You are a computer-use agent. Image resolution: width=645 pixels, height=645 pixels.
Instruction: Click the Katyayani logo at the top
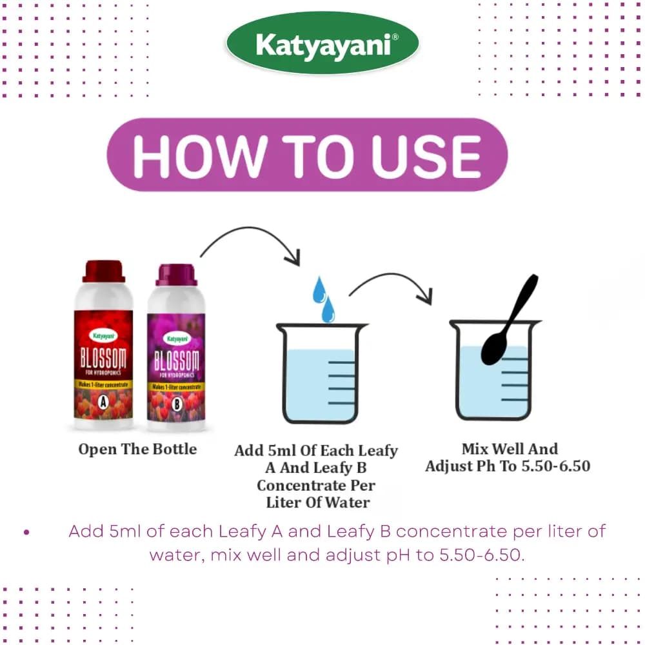coord(322,44)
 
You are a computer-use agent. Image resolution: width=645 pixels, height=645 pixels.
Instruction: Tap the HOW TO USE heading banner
coord(307,155)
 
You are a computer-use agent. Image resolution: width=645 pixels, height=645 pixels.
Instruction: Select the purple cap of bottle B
coord(175,275)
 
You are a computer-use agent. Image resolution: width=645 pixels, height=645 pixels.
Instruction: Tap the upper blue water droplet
coord(319,290)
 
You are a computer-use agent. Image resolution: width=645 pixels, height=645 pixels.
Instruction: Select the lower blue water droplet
coord(328,310)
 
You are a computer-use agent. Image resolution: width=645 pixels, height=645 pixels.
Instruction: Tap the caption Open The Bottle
coord(137,449)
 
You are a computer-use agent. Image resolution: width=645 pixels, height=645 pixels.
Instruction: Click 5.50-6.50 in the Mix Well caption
coord(554,466)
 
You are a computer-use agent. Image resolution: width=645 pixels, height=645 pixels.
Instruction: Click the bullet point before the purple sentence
coord(26,533)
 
